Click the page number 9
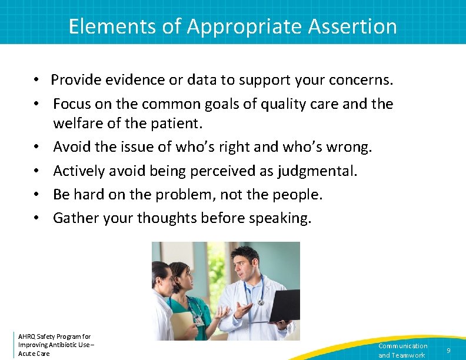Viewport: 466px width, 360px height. click(448, 351)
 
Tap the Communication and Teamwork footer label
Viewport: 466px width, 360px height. click(402, 351)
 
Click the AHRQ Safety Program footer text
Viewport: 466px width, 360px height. click(55, 345)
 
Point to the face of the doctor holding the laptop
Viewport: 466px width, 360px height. click(245, 264)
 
